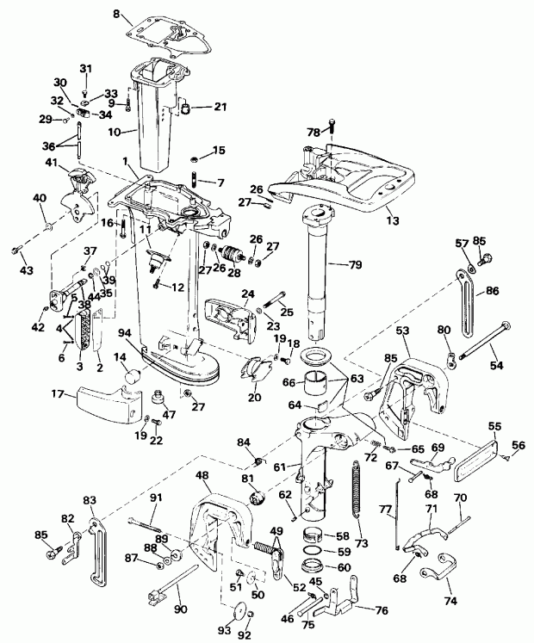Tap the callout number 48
click(x=203, y=475)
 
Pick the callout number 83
click(x=90, y=500)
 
